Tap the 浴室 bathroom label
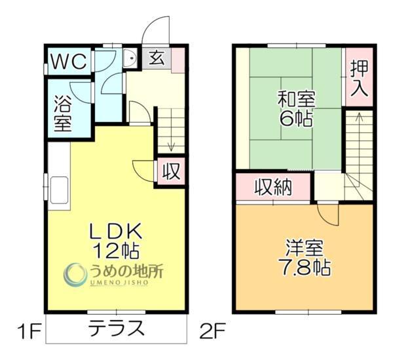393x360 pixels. click(x=62, y=113)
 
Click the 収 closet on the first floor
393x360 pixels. click(x=171, y=172)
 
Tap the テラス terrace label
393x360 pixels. click(x=117, y=327)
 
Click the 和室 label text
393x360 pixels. click(x=297, y=100)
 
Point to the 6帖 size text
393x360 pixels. click(x=297, y=119)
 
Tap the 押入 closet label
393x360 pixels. click(x=359, y=77)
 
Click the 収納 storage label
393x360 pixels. click(x=273, y=187)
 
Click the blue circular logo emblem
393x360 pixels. click(x=76, y=273)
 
